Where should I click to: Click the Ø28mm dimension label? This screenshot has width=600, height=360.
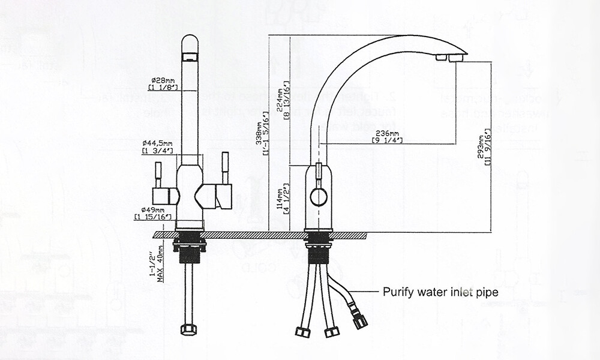163,83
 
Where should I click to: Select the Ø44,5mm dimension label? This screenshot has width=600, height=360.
158,146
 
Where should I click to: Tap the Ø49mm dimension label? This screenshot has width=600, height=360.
154,214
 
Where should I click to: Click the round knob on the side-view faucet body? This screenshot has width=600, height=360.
318,196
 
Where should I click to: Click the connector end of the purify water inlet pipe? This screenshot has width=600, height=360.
359,322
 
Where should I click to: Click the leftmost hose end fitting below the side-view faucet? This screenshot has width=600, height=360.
302,332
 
